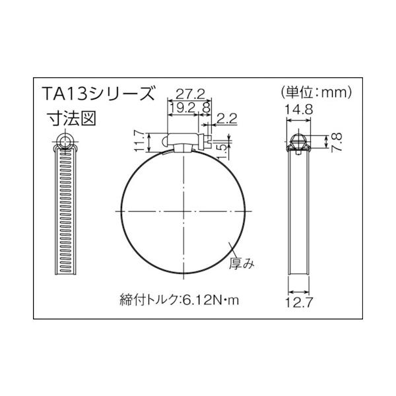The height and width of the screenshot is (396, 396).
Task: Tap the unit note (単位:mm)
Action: click(x=315, y=92)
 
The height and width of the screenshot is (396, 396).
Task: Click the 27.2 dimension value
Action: click(x=189, y=94)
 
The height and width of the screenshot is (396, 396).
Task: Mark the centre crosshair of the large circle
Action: click(x=182, y=211)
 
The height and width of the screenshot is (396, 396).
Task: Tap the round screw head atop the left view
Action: click(x=64, y=140)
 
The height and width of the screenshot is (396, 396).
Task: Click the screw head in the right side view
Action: click(x=300, y=141)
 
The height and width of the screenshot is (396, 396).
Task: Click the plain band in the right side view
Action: click(x=300, y=218)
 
